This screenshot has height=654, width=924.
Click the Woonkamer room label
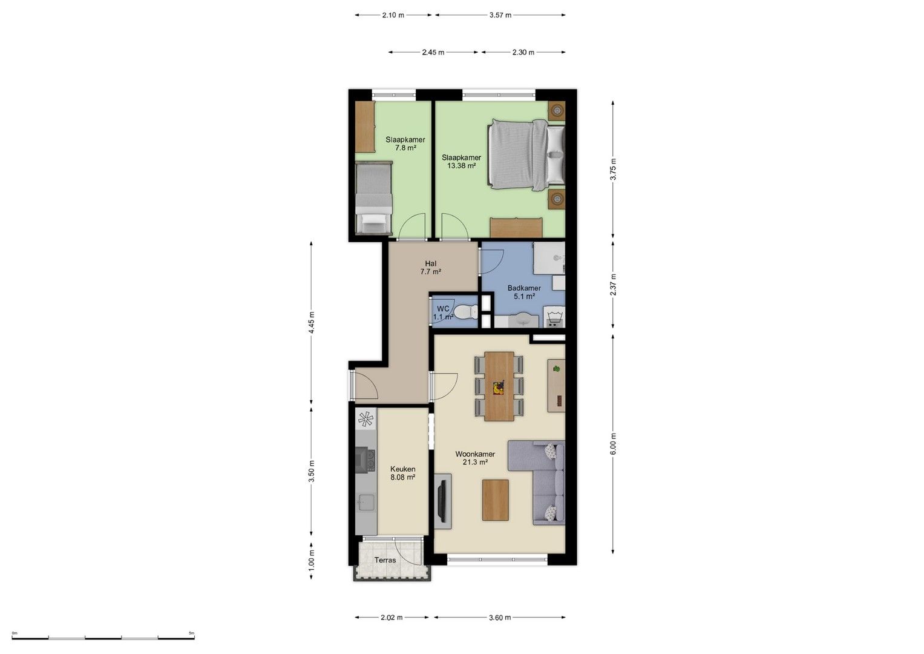[x=475, y=454]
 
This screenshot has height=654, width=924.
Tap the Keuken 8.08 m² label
[x=402, y=473]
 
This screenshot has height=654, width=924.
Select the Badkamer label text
[x=524, y=288]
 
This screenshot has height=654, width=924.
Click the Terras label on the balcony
[x=385, y=560]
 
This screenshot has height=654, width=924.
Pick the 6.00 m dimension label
[x=614, y=444]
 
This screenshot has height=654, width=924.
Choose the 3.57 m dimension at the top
[x=500, y=15]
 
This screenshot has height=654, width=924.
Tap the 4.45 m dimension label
[x=312, y=322]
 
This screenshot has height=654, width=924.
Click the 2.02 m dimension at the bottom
[x=392, y=618]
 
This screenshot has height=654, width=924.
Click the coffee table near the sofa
[x=496, y=500]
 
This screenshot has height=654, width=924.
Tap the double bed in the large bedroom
[x=526, y=155]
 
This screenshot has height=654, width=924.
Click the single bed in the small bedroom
[x=374, y=198]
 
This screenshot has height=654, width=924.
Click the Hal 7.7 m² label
[x=431, y=268]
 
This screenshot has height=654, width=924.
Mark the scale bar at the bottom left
[x=103, y=638]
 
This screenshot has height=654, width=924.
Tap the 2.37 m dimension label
[x=614, y=285]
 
